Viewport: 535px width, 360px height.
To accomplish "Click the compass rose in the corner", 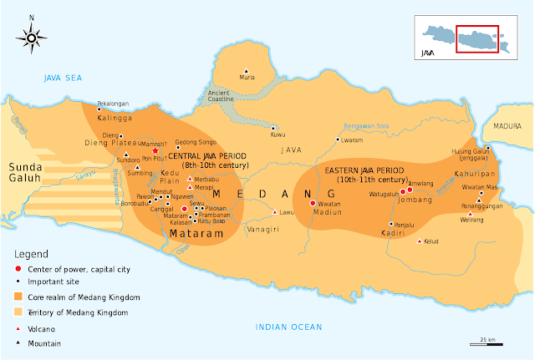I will (31, 36).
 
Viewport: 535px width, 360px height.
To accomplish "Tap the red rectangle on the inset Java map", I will (477, 38).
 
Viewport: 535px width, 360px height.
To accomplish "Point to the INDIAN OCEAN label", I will (289, 327).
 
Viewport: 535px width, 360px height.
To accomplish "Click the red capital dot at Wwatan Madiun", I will (313, 203).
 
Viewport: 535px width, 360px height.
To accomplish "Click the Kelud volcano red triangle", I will (419, 241).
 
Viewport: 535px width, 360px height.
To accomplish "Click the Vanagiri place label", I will (262, 228).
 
